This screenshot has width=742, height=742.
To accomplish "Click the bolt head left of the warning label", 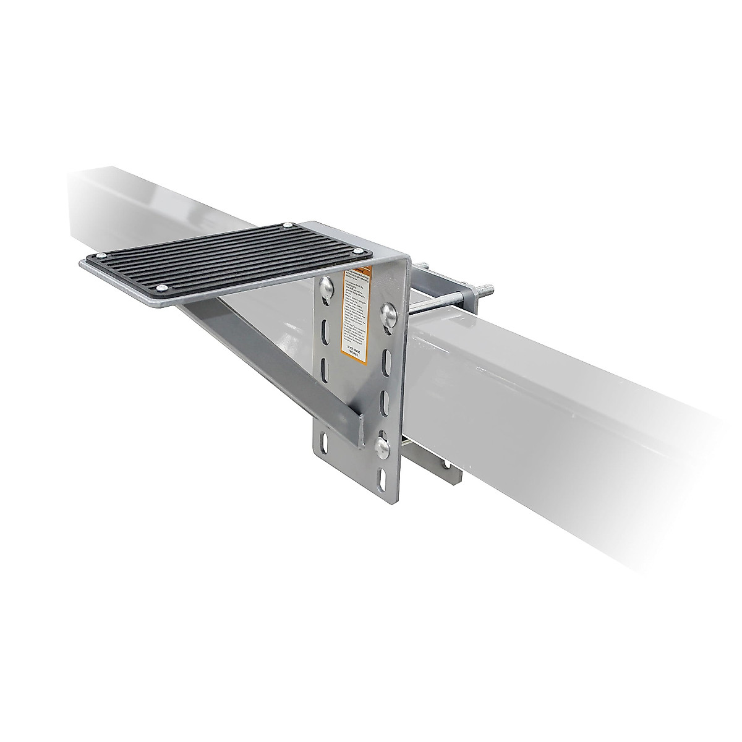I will (x=326, y=285).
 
